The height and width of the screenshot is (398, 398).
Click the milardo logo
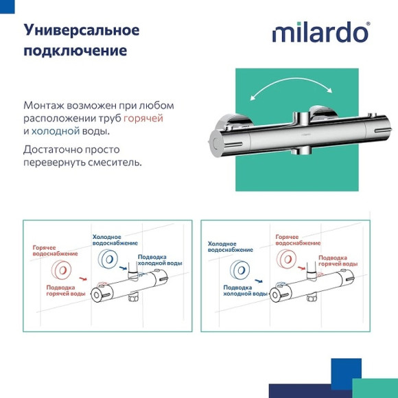coord(320,32)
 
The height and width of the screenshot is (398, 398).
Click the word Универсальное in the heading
coord(82,30)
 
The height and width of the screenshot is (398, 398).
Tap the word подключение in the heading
coord(75,51)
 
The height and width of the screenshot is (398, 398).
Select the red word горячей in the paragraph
coord(148,118)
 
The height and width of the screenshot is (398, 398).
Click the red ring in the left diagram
coord(59,269)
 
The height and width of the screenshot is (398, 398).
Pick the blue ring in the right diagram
coord(239,269)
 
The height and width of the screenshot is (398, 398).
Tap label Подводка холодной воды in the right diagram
coord(246,290)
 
